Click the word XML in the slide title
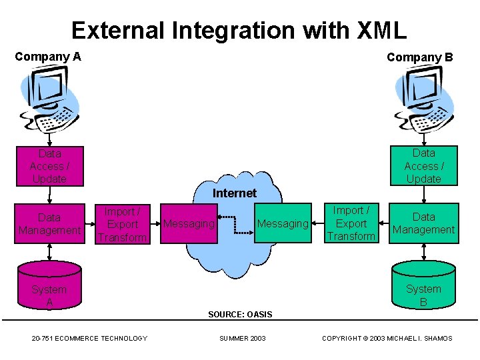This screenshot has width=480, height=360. coord(382,31)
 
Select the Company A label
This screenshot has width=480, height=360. coord(48,57)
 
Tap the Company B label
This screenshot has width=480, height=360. coord(419,57)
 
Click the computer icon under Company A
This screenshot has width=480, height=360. coord(49,101)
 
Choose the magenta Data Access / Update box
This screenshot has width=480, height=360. coord(49,166)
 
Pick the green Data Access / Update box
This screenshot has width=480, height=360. coord(423,165)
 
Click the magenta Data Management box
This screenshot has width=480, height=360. coord(49,224)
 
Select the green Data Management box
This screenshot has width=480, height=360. coord(423,223)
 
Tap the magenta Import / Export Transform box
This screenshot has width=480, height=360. coord(121,224)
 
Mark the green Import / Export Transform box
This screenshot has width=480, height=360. coord(351,223)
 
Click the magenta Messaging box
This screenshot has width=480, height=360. coord(189,223)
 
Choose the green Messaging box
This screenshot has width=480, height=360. coord(283,223)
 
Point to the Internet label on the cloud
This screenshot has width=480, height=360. coord(234,193)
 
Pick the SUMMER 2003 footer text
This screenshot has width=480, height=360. coord(243,339)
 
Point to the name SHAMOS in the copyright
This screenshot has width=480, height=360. coord(436,339)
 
